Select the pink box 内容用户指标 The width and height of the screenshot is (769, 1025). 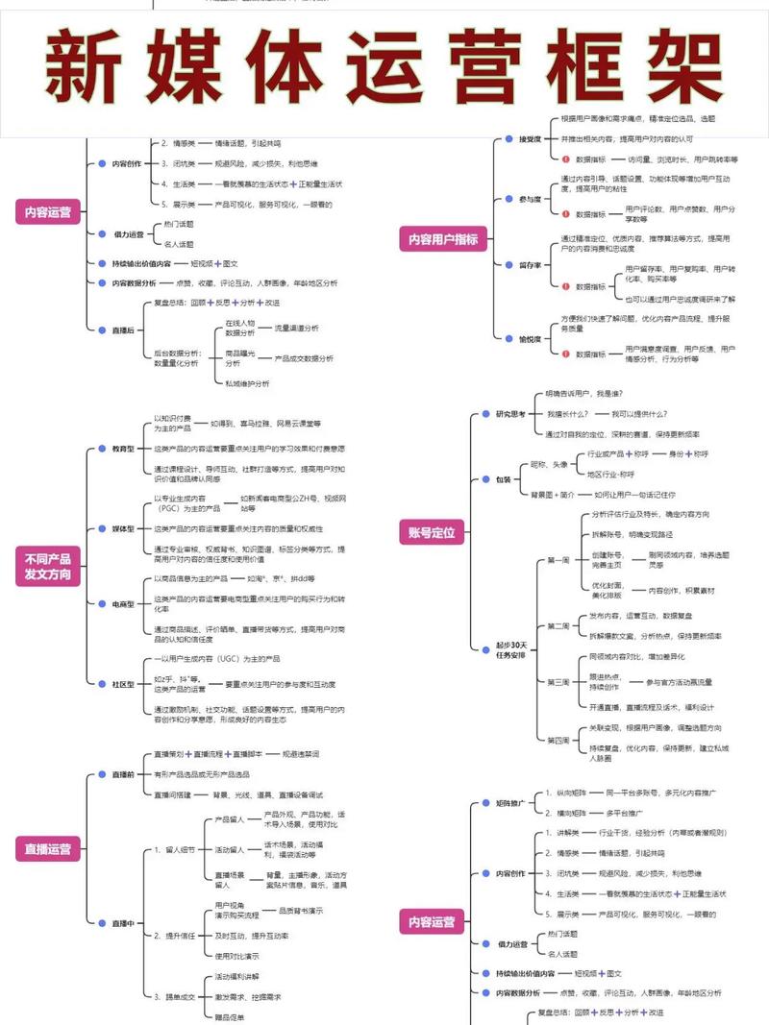[443, 239]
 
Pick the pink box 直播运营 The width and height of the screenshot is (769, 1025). [48, 848]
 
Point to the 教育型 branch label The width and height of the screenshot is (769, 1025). [122, 449]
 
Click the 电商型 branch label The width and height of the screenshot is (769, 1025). [122, 604]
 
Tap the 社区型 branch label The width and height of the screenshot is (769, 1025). [122, 683]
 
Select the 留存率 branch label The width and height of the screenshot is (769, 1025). [530, 263]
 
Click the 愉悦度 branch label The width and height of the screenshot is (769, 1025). [530, 338]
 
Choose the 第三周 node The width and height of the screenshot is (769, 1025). [558, 681]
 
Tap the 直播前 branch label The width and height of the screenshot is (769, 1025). [122, 774]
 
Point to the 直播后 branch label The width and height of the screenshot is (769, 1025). [122, 329]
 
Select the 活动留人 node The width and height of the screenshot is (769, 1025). [229, 849]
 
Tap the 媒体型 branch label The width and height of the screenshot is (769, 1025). [122, 528]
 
